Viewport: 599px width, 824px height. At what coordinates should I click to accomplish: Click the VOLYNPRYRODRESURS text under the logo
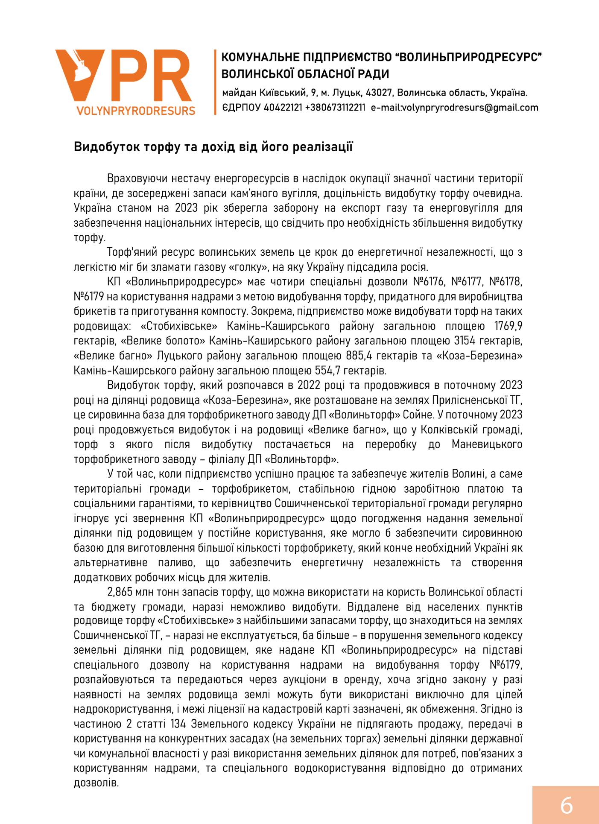(x=136, y=111)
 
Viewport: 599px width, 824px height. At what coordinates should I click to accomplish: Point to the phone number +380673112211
(x=335, y=108)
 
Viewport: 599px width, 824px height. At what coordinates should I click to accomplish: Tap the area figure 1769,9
(x=508, y=327)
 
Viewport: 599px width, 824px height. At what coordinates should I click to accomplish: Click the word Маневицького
(x=487, y=444)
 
